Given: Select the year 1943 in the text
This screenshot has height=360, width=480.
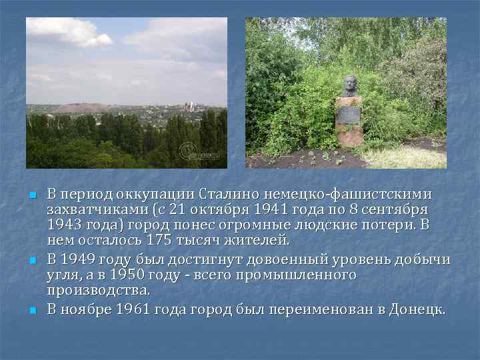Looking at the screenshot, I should pyautogui.click(x=63, y=225).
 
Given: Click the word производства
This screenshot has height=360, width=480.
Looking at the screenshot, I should pyautogui.click(x=98, y=291).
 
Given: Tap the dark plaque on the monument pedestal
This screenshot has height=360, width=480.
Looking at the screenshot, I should pyautogui.click(x=348, y=114).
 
